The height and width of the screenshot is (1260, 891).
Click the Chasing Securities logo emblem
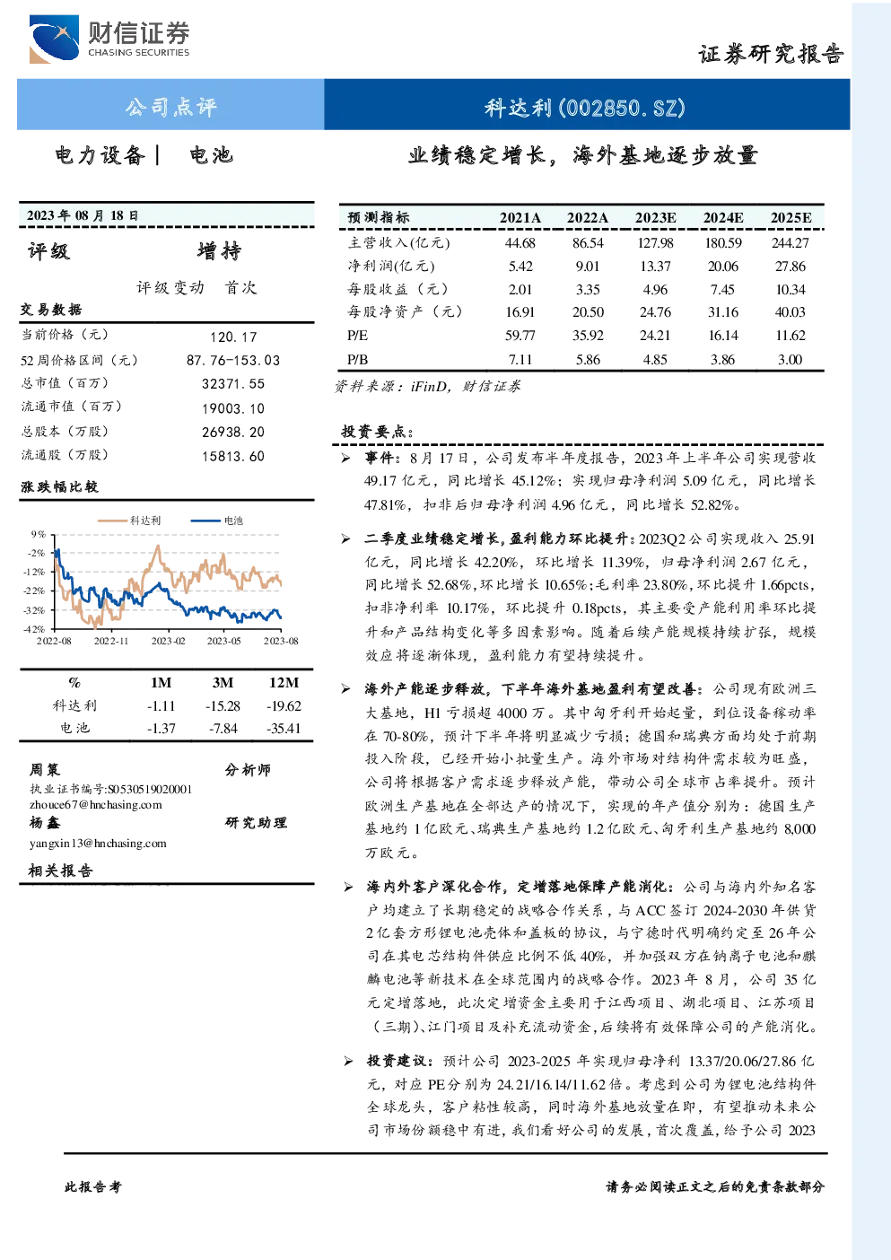(x=54, y=39)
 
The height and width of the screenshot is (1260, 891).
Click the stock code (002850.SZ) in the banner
(x=622, y=108)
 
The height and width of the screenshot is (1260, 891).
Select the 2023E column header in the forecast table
(x=655, y=218)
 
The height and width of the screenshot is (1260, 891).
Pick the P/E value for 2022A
(x=588, y=336)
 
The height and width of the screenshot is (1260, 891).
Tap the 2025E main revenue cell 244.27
(x=791, y=243)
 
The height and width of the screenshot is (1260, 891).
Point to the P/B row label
(x=358, y=360)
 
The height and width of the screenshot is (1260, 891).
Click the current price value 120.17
(x=233, y=337)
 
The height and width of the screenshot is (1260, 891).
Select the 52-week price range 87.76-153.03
(x=233, y=361)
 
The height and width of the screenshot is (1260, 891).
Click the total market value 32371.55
(x=233, y=384)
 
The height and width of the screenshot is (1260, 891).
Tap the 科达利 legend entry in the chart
(x=130, y=521)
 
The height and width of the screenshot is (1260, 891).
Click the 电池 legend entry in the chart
(x=217, y=521)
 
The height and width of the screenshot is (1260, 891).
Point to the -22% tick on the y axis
(x=34, y=591)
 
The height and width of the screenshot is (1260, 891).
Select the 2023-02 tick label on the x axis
(x=168, y=641)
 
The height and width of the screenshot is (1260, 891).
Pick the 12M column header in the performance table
(x=284, y=682)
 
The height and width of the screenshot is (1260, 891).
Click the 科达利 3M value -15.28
(x=223, y=706)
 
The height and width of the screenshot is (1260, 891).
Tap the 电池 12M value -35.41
(x=284, y=729)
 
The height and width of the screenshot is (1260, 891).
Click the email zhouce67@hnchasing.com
(x=96, y=805)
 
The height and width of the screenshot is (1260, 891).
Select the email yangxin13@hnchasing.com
(x=98, y=844)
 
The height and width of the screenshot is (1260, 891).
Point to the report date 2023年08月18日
(x=83, y=215)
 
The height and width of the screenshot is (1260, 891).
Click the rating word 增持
(x=219, y=251)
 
